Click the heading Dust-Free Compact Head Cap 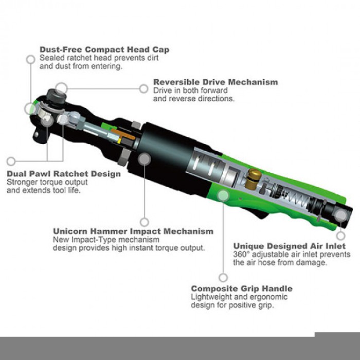click(104, 49)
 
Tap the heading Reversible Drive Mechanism click(215, 82)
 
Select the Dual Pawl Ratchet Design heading click(64, 174)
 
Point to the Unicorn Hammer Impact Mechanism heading click(133, 231)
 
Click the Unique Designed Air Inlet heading click(290, 246)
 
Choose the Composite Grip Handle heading click(242, 289)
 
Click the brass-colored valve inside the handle click(253, 179)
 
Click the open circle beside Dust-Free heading click(30, 60)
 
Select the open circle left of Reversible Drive click(143, 88)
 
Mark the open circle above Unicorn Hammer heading click(145, 222)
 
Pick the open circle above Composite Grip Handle click(223, 278)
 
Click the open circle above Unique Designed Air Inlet click(341, 236)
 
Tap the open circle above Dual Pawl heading click(11, 161)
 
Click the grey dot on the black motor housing click(145, 159)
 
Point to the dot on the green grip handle click(223, 195)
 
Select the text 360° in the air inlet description click(242, 255)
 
